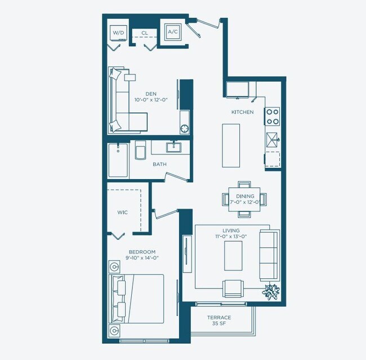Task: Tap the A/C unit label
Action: coord(172,32)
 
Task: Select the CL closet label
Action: coord(145,33)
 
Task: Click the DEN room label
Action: coord(151,94)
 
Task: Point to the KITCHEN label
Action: coord(242,112)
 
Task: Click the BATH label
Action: coord(159,165)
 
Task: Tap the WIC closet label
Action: coord(122,212)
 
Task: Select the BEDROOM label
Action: coord(142,252)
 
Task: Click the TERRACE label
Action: coord(219,318)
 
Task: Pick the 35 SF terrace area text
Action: coord(219,325)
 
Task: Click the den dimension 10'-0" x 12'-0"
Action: coord(151,100)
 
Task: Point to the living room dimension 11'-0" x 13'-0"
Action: coord(231,237)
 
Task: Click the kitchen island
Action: coord(231,145)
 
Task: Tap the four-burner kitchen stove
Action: coord(273,116)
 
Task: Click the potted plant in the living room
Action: coord(273,292)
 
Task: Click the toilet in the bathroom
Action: coord(141,150)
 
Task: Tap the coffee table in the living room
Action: coord(233,256)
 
